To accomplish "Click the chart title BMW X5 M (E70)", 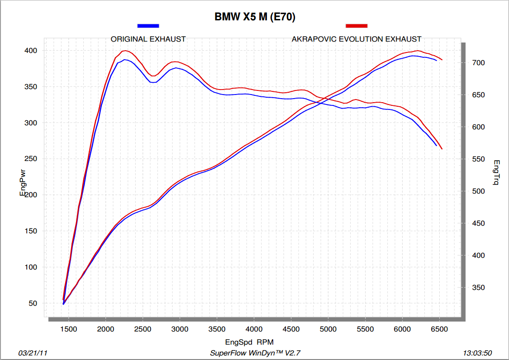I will [x=255, y=17].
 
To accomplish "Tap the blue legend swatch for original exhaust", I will [x=148, y=26].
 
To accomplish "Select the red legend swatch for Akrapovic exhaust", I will [x=357, y=26].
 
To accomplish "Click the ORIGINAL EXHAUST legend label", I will [x=148, y=39].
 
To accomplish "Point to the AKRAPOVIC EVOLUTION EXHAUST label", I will [x=357, y=39].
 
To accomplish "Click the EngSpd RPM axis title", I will [x=249, y=342].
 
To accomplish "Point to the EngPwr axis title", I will [x=22, y=182].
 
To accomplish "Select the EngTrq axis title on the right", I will [x=496, y=173].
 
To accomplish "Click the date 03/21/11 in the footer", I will [x=32, y=353].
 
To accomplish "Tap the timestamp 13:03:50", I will [x=478, y=353].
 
